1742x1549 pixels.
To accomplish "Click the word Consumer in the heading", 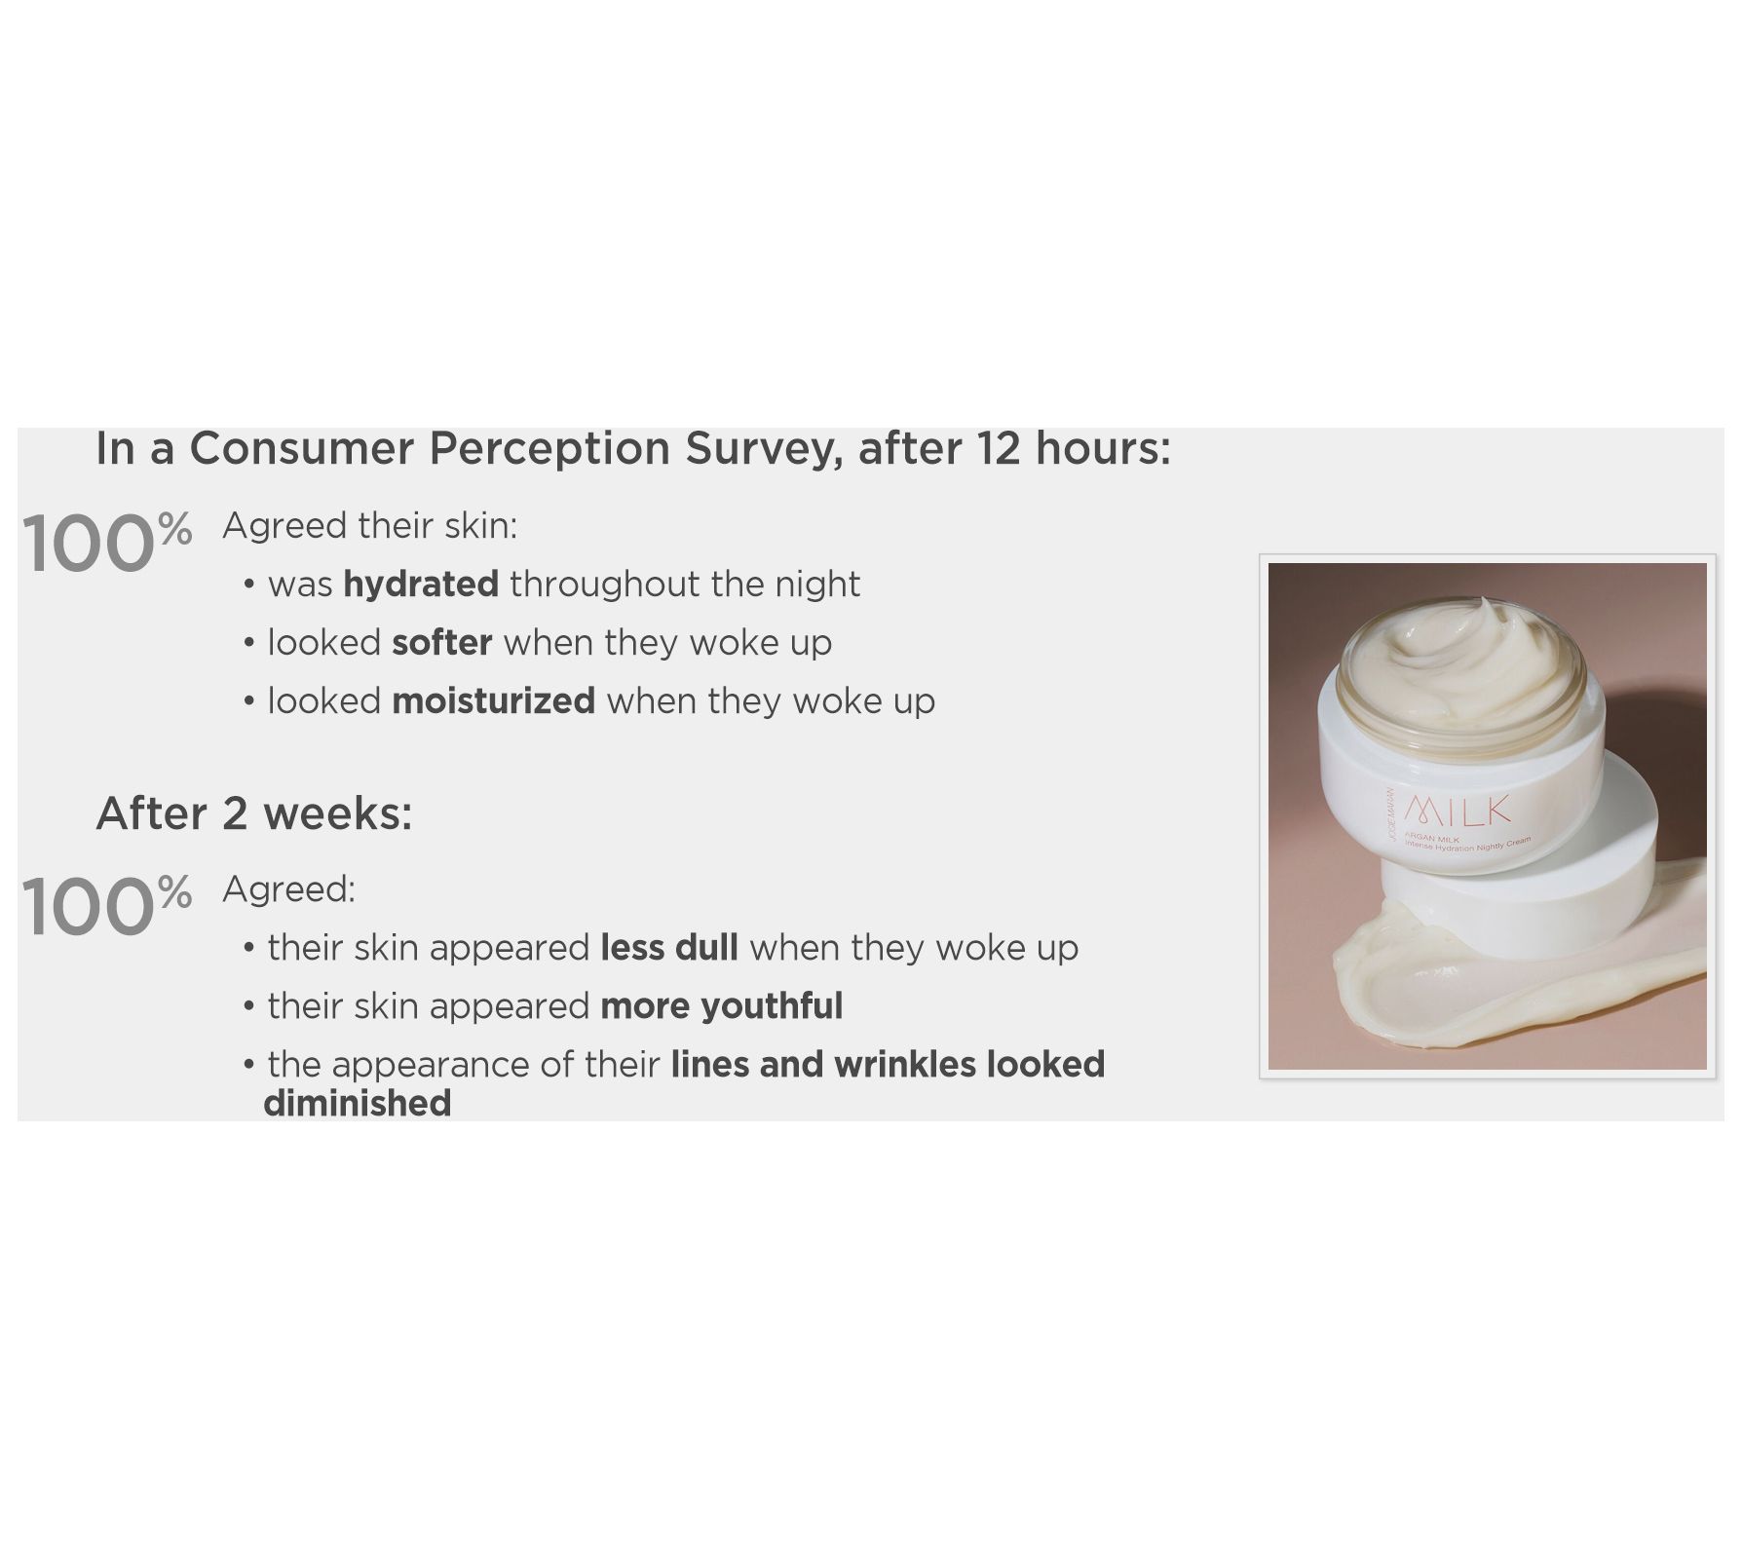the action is click(x=302, y=449).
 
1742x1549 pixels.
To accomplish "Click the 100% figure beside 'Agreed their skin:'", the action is click(x=106, y=543).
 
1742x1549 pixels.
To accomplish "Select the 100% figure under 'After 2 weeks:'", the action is click(x=106, y=906).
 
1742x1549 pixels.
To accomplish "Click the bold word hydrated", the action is click(x=421, y=585).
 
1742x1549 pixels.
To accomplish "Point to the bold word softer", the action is click(x=442, y=643).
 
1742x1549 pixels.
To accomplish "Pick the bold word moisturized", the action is click(x=493, y=701).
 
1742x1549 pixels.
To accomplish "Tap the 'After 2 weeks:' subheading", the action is click(x=254, y=813).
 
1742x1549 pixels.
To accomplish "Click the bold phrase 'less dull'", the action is click(x=669, y=948).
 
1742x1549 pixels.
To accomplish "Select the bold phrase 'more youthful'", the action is click(x=722, y=1006).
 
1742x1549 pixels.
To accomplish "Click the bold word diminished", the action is click(x=358, y=1104).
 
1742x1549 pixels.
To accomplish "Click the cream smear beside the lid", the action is click(x=1520, y=974).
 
